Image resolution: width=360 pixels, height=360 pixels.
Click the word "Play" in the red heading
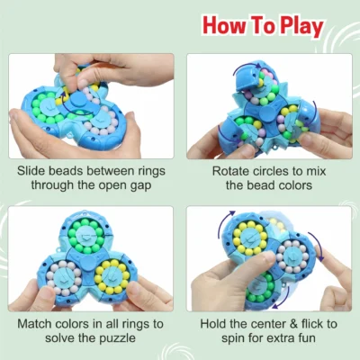[x=302, y=26]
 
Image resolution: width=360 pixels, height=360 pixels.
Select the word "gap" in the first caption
[x=140, y=186]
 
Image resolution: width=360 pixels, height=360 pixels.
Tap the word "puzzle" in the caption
[x=118, y=338]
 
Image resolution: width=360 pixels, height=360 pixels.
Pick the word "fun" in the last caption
[x=305, y=338]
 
